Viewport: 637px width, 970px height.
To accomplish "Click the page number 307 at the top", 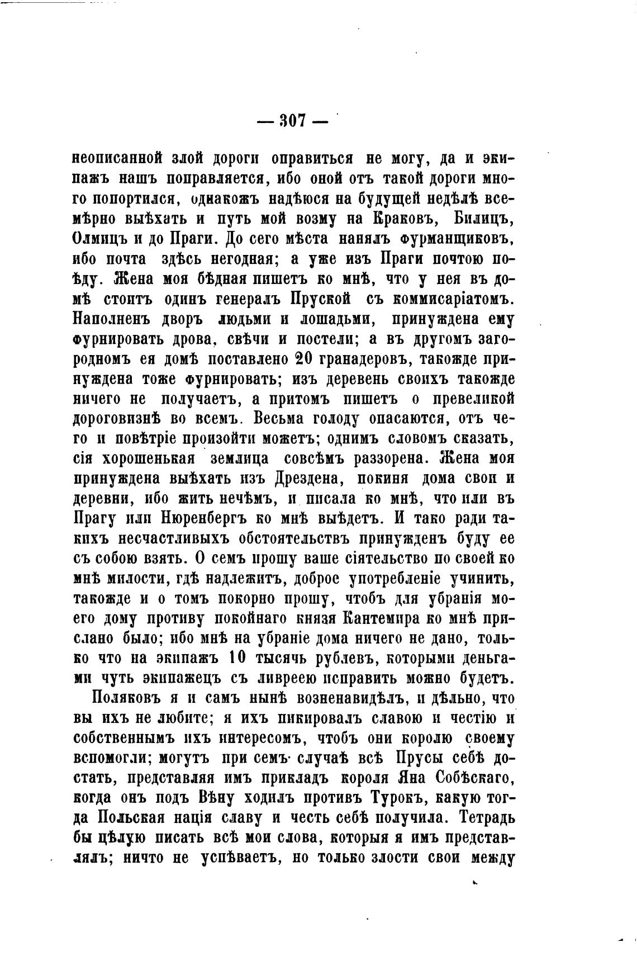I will pyautogui.click(x=291, y=121).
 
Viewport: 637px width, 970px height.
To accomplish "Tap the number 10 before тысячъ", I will pyautogui.click(x=234, y=659).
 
